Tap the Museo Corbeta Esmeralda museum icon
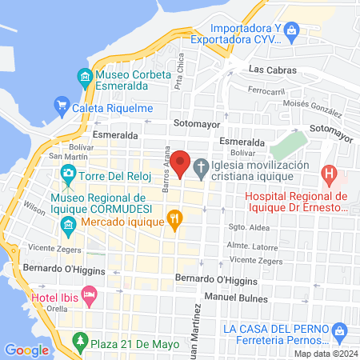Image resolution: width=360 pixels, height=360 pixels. (85, 78)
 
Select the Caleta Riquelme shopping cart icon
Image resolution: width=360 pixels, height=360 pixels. (62, 104)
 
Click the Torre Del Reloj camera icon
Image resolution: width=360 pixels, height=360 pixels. (68, 173)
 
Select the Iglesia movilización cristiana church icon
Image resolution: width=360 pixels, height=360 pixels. (201, 170)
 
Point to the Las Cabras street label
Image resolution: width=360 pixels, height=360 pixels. (267, 69)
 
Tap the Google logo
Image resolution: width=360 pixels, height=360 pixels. (27, 350)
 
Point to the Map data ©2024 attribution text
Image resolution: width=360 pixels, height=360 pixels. (325, 354)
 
